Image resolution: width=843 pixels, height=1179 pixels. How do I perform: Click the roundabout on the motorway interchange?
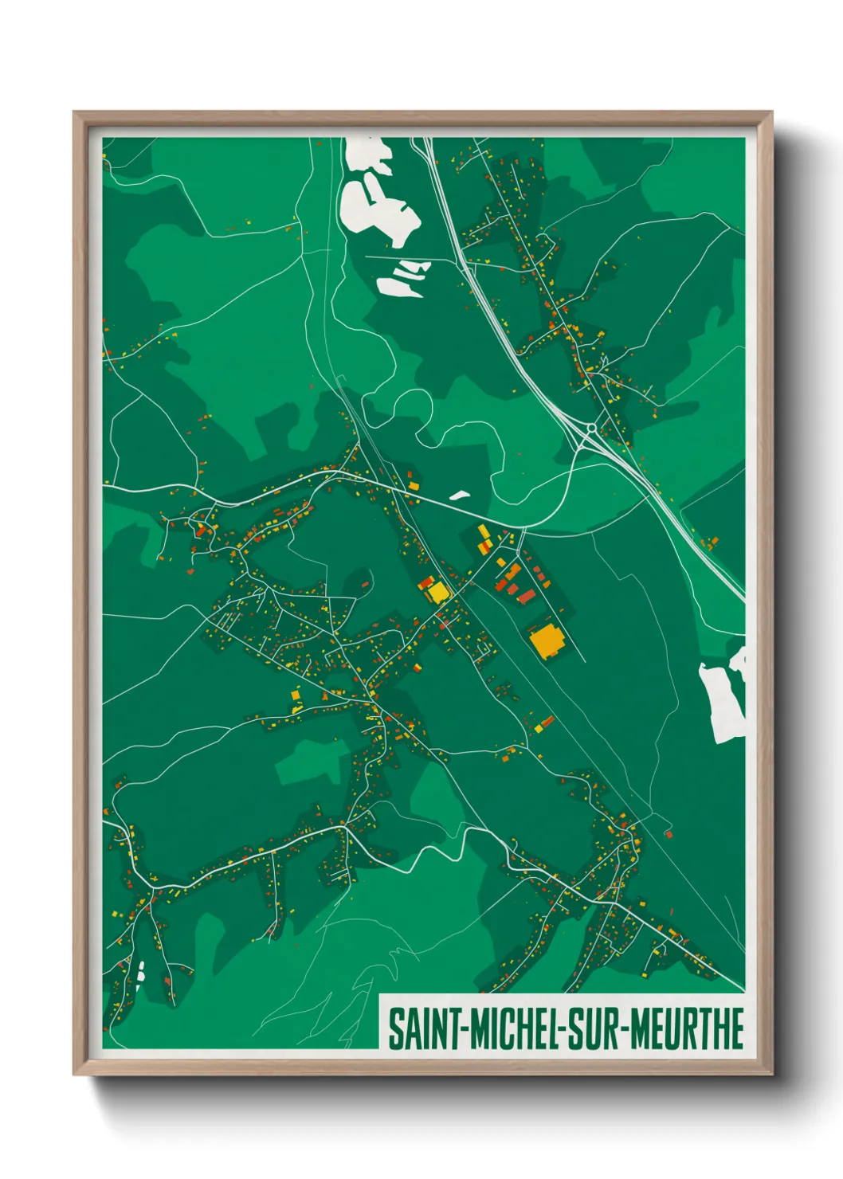coord(591,429)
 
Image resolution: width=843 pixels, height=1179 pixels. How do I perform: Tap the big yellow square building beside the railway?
coord(437,592)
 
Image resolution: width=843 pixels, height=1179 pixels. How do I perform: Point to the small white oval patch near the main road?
coord(460,495)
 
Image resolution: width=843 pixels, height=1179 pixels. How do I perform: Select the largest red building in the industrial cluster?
coord(527,595)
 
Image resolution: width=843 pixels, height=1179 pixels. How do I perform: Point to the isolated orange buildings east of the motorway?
coord(709,543)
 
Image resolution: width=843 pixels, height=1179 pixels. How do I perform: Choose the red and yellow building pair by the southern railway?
coord(544,724)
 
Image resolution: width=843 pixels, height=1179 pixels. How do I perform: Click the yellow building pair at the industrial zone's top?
coord(484,539)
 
